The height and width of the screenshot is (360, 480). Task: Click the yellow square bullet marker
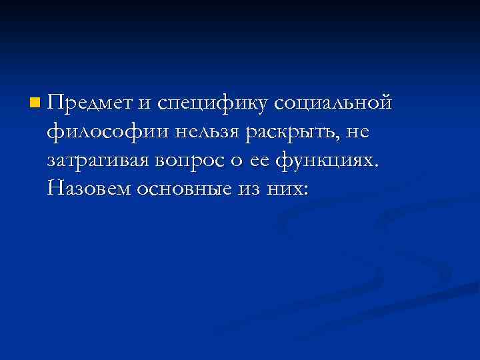(x=34, y=103)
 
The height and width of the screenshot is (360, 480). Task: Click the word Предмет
(x=90, y=103)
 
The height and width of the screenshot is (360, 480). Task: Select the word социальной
(x=332, y=103)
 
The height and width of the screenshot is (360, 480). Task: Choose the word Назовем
(x=89, y=190)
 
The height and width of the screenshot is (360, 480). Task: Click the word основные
(x=181, y=190)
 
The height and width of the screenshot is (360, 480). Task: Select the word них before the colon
(x=284, y=190)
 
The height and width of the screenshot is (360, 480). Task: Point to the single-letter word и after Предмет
(x=145, y=105)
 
